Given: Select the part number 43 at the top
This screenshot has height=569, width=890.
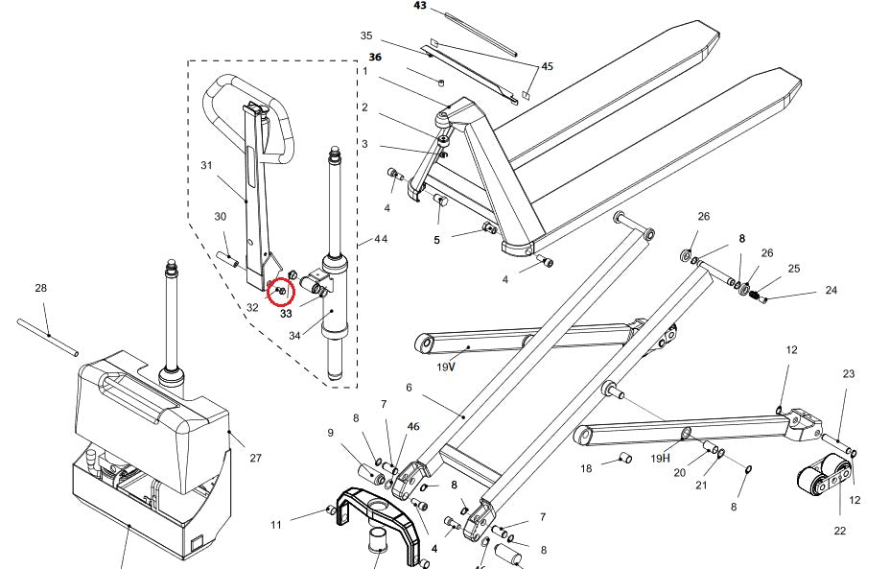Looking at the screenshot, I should pos(420,6).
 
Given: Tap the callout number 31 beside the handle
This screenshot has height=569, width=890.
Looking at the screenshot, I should pos(205,166).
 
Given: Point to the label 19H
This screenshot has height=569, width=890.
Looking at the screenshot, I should pos(660,459).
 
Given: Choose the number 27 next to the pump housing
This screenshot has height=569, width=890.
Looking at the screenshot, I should pos(256,459).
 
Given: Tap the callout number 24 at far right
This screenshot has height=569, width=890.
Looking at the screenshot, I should pos(831,290).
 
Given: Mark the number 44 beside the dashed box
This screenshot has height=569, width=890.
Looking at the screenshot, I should pos(381,238).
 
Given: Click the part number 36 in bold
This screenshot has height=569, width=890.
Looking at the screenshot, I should pos(375,57).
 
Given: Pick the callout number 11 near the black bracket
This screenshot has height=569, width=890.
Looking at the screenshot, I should pos(276,524).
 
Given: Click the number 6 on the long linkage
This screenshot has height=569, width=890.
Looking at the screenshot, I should pos(409,388).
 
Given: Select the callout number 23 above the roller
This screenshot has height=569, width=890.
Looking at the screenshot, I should pos(848,373).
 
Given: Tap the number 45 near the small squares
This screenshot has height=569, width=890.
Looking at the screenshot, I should pos(547,67).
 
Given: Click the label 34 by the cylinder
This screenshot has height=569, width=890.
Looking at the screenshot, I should pos(294,336).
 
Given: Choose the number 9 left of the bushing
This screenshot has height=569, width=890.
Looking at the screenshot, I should pos(331,433).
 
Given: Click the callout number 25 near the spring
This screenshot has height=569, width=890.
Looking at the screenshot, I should pos(793,269).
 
